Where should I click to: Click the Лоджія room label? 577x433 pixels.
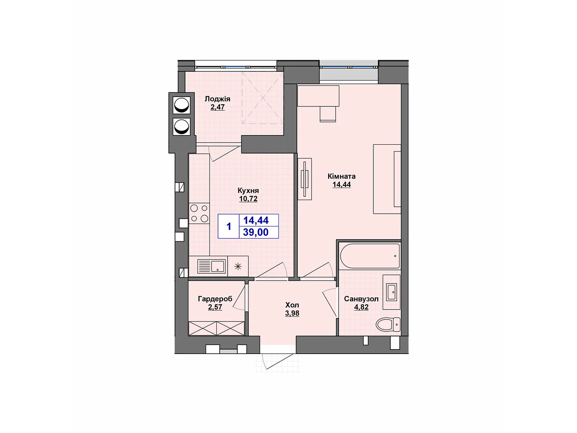coord(217,99)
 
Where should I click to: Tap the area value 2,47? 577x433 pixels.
coord(217,107)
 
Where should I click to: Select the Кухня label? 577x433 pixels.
coord(248,191)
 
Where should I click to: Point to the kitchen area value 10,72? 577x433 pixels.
coord(248,199)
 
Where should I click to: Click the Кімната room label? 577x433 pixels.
coord(342,176)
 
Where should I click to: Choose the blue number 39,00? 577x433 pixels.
coord(256,232)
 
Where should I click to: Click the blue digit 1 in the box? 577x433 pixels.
coord(229,227)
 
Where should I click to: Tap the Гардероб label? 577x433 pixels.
coord(215,299)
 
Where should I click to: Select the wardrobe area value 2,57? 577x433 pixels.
coord(215,307)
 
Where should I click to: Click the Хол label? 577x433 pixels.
coord(292,305)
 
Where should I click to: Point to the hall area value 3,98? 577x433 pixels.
coord(292,314)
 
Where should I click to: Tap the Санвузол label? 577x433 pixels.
coord(361,299)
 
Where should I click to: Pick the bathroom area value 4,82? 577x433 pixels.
coord(361,307)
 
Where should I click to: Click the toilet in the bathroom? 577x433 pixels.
coord(388,324)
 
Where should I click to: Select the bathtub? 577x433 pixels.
coord(370,256)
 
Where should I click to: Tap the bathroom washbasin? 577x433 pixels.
coord(392,292)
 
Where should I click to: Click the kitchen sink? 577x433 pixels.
coord(212,267)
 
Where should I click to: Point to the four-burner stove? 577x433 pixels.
coord(199,213)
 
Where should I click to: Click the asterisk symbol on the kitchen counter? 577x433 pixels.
coord(238,267)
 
